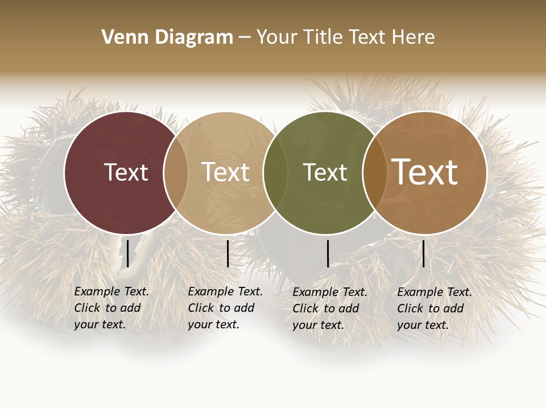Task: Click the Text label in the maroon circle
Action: coord(126,172)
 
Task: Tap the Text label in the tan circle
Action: coord(225,172)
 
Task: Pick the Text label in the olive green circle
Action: coord(325,172)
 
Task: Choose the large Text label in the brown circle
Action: coord(425,172)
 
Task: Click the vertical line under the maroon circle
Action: coord(128,253)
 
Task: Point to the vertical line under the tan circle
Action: coord(227,253)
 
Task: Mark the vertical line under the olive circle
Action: coord(328,253)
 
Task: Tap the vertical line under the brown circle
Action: coord(423,253)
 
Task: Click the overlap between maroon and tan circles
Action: coord(176,173)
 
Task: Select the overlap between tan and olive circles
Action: coord(275,173)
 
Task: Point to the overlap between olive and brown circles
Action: coord(375,173)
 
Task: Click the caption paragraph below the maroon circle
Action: coord(111,308)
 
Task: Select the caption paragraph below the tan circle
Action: coord(225,308)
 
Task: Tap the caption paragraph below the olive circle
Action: coord(330,308)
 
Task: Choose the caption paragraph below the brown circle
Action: coord(435,308)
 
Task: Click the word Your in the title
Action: coord(278,37)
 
